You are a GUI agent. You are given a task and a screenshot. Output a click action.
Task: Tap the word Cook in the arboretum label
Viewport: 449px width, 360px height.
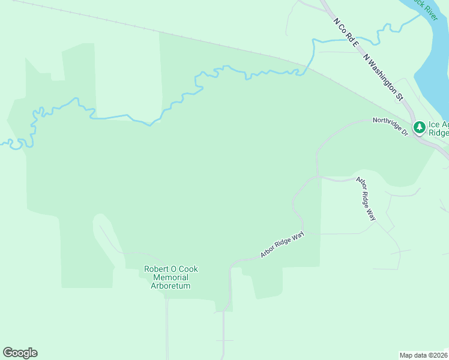click(188, 269)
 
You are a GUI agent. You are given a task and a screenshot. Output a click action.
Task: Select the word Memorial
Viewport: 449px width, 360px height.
click(171, 278)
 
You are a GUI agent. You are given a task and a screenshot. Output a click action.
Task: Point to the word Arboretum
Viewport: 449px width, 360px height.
click(170, 286)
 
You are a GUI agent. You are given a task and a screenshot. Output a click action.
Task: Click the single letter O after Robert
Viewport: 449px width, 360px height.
click(174, 269)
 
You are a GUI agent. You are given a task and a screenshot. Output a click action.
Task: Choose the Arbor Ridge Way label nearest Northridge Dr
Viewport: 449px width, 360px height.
click(366, 199)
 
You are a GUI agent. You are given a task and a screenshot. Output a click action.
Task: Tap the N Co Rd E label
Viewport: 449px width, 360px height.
click(346, 33)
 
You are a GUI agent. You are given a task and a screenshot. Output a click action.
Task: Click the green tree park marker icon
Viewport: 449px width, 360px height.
click(420, 127)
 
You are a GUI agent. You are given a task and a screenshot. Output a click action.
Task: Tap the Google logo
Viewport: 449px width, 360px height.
click(20, 353)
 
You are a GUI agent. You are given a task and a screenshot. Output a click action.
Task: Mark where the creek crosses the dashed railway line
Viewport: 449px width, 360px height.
click(306, 64)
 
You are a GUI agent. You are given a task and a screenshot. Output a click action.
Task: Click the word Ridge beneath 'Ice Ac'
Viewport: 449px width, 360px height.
click(439, 133)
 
